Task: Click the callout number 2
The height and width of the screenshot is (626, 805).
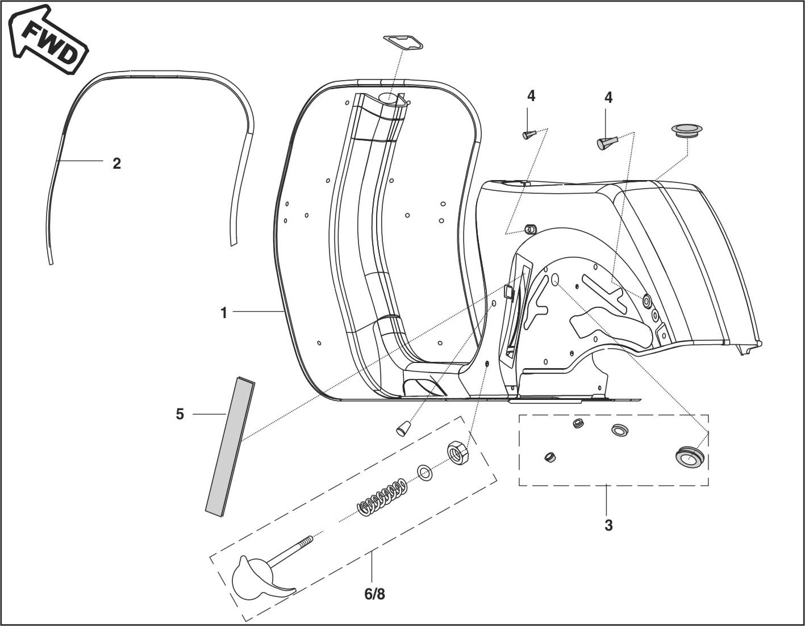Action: pyautogui.click(x=116, y=164)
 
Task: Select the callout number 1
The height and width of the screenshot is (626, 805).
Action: pyautogui.click(x=224, y=312)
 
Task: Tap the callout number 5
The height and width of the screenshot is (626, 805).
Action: pyautogui.click(x=180, y=415)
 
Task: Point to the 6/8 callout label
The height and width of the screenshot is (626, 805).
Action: pyautogui.click(x=374, y=594)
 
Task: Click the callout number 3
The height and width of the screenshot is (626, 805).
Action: pyautogui.click(x=608, y=525)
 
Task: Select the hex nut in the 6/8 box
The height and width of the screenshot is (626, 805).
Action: pyautogui.click(x=457, y=453)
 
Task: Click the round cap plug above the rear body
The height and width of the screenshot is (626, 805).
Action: pyautogui.click(x=687, y=130)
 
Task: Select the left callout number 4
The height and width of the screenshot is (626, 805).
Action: pyautogui.click(x=531, y=97)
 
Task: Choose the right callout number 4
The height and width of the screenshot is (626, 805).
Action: pyautogui.click(x=608, y=98)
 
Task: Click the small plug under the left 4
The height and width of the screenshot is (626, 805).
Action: pyautogui.click(x=528, y=135)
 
